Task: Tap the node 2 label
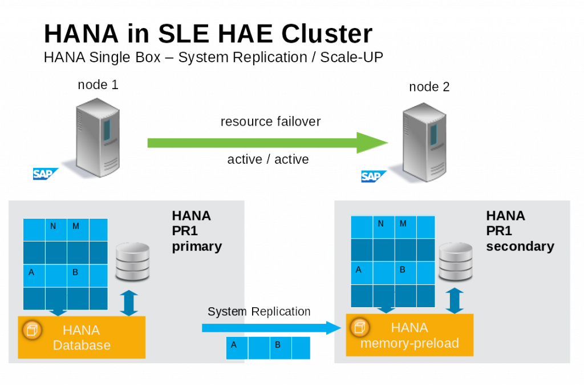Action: tap(429, 87)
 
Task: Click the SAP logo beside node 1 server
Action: tap(42, 174)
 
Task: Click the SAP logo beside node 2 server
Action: tap(371, 176)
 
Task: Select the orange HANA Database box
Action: tap(82, 337)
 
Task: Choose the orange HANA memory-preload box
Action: tap(409, 335)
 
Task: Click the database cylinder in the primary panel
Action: tap(132, 262)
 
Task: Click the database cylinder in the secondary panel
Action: tap(456, 261)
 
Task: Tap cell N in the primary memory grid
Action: tap(54, 227)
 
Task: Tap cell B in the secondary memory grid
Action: tap(402, 270)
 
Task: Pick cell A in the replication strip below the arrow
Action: tap(234, 345)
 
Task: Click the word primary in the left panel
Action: tap(197, 246)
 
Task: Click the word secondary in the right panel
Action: tap(520, 246)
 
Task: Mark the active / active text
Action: tap(268, 159)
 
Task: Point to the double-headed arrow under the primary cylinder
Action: tap(129, 302)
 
